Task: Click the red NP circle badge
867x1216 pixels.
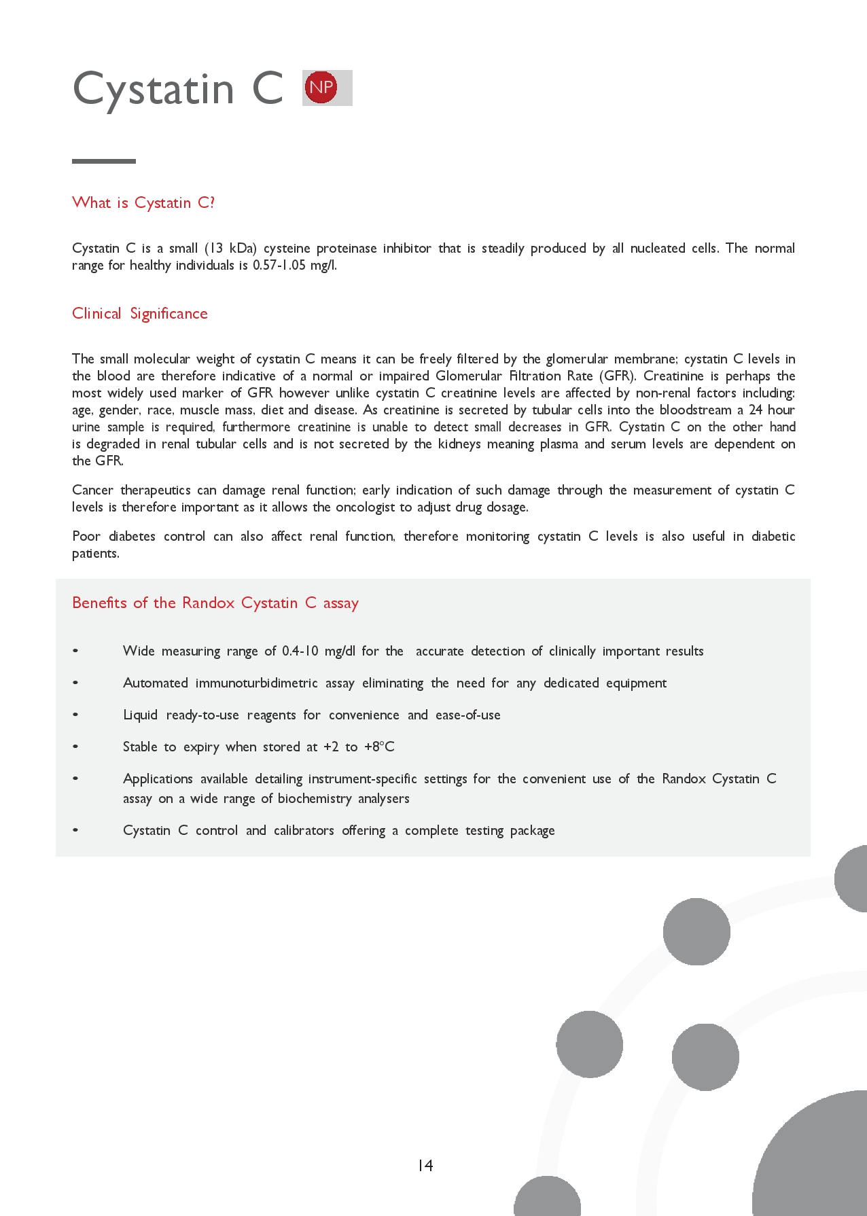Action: [x=321, y=88]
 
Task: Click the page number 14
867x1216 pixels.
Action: [x=425, y=1166]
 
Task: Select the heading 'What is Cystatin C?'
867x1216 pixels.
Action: [x=143, y=203]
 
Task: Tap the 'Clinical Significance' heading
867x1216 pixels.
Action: [x=140, y=314]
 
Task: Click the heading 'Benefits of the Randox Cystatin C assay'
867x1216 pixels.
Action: [x=215, y=603]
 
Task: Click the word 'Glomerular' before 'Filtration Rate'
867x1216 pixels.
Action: [x=469, y=376]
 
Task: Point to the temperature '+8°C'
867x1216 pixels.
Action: [x=379, y=747]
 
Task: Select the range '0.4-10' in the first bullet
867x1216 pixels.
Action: [x=300, y=651]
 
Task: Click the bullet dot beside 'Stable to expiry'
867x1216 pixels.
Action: [x=75, y=747]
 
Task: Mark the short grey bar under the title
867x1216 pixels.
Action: [x=104, y=162]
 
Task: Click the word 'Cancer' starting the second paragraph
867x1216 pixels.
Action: [x=92, y=490]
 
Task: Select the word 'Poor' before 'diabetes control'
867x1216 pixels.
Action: [x=86, y=537]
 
